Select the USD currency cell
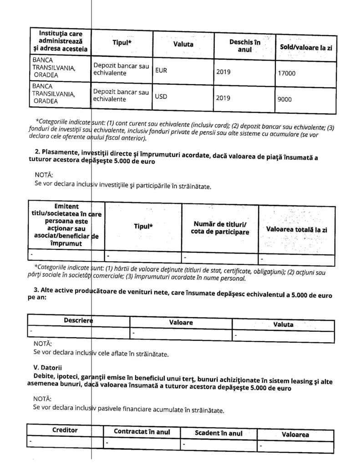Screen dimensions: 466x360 point(162,96)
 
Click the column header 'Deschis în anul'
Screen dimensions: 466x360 point(245,45)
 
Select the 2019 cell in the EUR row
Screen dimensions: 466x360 point(223,71)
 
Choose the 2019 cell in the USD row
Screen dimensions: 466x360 point(223,97)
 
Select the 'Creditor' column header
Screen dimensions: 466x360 point(65,430)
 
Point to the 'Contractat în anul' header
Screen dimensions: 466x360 point(142,431)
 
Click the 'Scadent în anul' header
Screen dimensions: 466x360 point(218,432)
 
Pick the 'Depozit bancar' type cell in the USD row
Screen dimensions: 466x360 point(121,95)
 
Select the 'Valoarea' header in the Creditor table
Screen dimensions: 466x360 point(295,434)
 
